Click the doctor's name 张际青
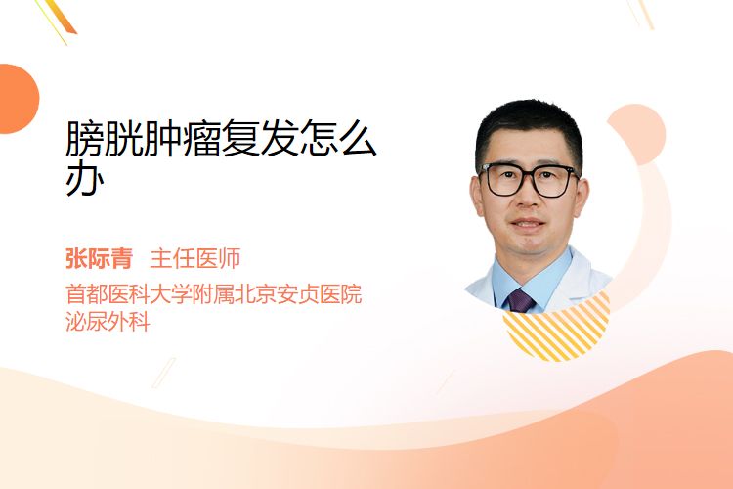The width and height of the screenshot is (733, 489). click(x=99, y=259)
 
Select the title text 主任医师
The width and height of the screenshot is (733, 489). click(x=195, y=259)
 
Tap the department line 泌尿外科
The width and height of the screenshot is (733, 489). click(x=108, y=322)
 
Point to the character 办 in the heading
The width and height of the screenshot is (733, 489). click(x=85, y=179)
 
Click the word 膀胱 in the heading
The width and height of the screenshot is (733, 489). click(x=105, y=139)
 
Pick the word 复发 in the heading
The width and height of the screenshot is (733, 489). click(x=259, y=139)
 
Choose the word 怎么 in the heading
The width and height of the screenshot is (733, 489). click(x=337, y=139)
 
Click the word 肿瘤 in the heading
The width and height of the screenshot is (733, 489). click(x=182, y=139)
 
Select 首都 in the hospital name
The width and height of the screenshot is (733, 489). click(x=86, y=293)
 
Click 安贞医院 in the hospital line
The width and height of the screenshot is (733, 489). click(x=320, y=293)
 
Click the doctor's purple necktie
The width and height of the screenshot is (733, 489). click(x=520, y=301)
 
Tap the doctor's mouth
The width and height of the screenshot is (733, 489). click(x=528, y=224)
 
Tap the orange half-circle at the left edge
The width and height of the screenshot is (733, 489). click(x=18, y=99)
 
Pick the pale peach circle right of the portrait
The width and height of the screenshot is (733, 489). click(x=636, y=134)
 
